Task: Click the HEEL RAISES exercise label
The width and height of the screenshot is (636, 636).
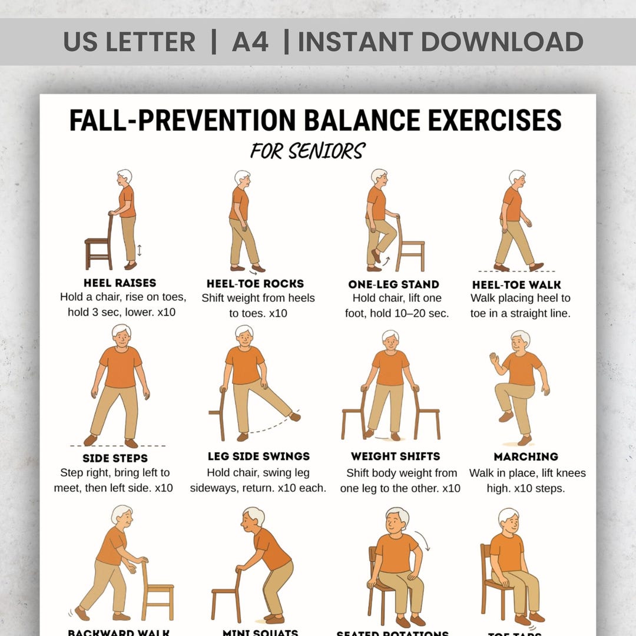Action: pos(120,283)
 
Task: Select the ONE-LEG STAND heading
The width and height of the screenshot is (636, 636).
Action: pos(393,284)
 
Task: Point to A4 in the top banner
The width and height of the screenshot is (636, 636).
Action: pos(250,42)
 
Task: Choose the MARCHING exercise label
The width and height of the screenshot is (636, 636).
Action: pos(526,456)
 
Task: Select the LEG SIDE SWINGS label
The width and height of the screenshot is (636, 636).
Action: pos(259,456)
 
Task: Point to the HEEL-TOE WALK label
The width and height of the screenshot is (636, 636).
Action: pos(516,284)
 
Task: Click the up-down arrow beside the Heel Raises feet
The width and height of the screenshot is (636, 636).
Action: pos(140,250)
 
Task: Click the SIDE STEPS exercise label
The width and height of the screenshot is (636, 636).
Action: pos(115,458)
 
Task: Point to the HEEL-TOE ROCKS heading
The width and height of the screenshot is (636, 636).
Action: pos(256,284)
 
